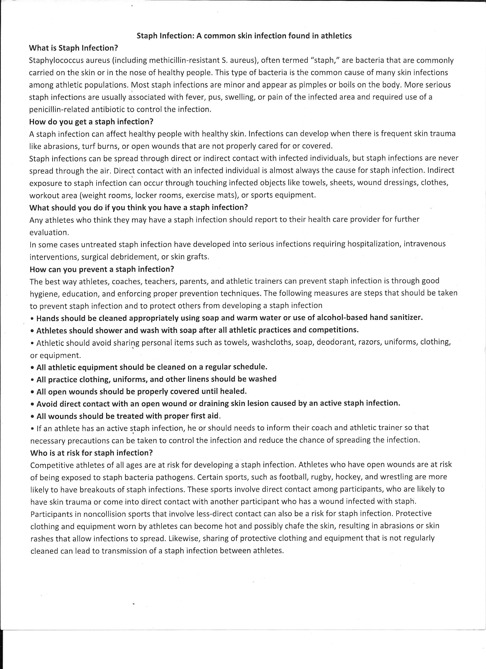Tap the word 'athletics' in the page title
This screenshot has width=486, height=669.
[x=336, y=36]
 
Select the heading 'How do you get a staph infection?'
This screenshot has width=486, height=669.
[x=91, y=122]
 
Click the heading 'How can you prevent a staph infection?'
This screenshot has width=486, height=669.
[x=102, y=269]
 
